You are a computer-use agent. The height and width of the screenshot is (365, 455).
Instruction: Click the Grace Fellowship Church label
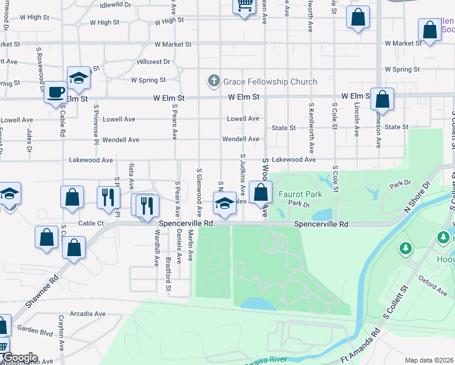(x=270, y=82)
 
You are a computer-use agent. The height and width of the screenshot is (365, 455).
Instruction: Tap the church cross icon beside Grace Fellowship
(x=214, y=80)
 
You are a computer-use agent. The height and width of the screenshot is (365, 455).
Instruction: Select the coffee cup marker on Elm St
(x=56, y=92)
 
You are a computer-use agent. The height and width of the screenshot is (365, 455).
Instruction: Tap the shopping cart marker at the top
(x=244, y=6)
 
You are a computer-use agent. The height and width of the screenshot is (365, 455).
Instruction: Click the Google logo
(x=20, y=358)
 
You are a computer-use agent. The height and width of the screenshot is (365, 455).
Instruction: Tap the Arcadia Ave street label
(x=87, y=314)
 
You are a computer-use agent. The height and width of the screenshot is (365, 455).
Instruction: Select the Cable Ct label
(x=92, y=223)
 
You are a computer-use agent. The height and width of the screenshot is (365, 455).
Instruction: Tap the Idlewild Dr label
(x=116, y=4)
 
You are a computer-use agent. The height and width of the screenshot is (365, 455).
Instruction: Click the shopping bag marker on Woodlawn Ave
(x=260, y=193)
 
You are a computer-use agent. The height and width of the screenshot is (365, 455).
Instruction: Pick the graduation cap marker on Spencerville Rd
(x=224, y=203)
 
